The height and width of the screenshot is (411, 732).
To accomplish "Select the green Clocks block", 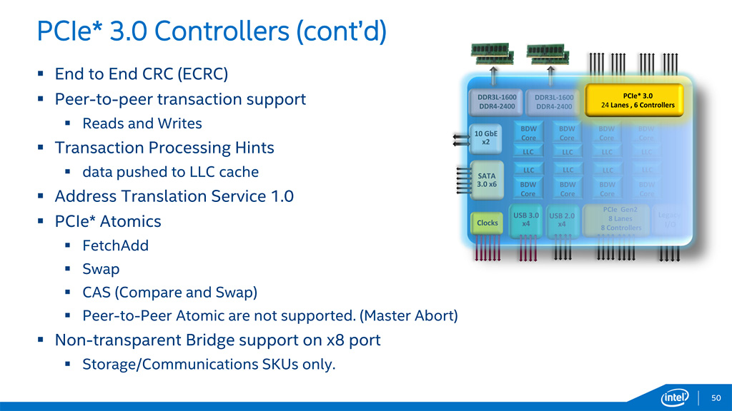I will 487,223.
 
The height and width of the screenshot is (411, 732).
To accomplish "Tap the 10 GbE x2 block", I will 485,137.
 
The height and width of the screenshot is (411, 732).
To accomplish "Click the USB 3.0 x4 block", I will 526,219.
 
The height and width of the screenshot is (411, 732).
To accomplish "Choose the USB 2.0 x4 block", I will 562,220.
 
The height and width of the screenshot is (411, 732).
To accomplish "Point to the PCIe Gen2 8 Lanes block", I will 620,218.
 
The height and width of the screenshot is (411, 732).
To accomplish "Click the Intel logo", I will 675,397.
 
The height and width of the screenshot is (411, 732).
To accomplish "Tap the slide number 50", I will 716,397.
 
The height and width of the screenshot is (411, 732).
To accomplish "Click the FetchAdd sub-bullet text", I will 116,245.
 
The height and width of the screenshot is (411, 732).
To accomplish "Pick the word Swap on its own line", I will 101,270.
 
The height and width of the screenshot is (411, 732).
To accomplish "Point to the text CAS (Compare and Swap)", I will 170,293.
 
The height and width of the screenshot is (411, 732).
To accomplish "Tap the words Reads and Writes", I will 142,123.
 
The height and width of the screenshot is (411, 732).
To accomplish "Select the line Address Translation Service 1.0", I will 174,196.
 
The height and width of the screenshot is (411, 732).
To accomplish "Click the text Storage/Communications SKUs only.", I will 209,365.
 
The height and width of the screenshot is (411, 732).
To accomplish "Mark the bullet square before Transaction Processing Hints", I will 41,148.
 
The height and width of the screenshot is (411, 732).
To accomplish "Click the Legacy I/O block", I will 669,219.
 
